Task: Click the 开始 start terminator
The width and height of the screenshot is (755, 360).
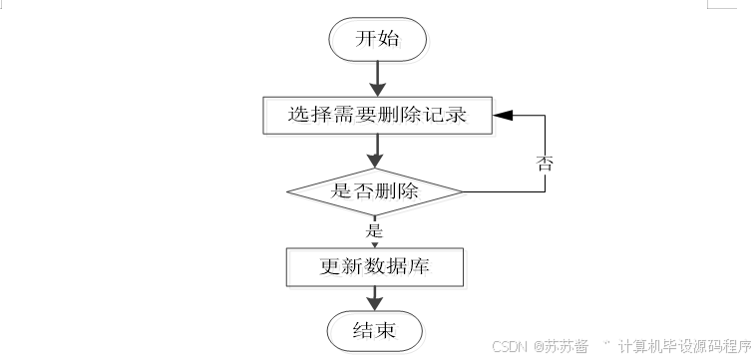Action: [377, 40]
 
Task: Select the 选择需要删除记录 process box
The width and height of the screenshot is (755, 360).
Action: [377, 115]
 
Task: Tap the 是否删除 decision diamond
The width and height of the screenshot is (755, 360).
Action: [375, 191]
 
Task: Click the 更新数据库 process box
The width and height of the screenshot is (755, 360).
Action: [375, 267]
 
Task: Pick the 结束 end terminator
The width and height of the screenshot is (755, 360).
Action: [375, 331]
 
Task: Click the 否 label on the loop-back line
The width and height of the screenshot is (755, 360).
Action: [545, 164]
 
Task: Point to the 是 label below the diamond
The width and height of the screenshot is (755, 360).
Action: [374, 231]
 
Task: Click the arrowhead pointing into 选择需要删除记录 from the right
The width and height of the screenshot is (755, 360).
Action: [503, 115]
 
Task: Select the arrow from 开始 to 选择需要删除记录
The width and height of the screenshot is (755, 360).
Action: [377, 79]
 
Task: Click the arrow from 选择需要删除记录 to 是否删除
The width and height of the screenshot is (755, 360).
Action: [375, 151]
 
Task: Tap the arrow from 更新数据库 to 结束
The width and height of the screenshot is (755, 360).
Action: [375, 298]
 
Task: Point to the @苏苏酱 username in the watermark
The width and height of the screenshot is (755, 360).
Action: [561, 346]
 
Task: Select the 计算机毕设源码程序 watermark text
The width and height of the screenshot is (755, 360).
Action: [685, 346]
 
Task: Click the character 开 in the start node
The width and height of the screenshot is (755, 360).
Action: [365, 39]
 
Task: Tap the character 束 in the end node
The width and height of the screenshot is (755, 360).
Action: [386, 331]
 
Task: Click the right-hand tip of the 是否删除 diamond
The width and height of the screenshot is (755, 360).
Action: [463, 191]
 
